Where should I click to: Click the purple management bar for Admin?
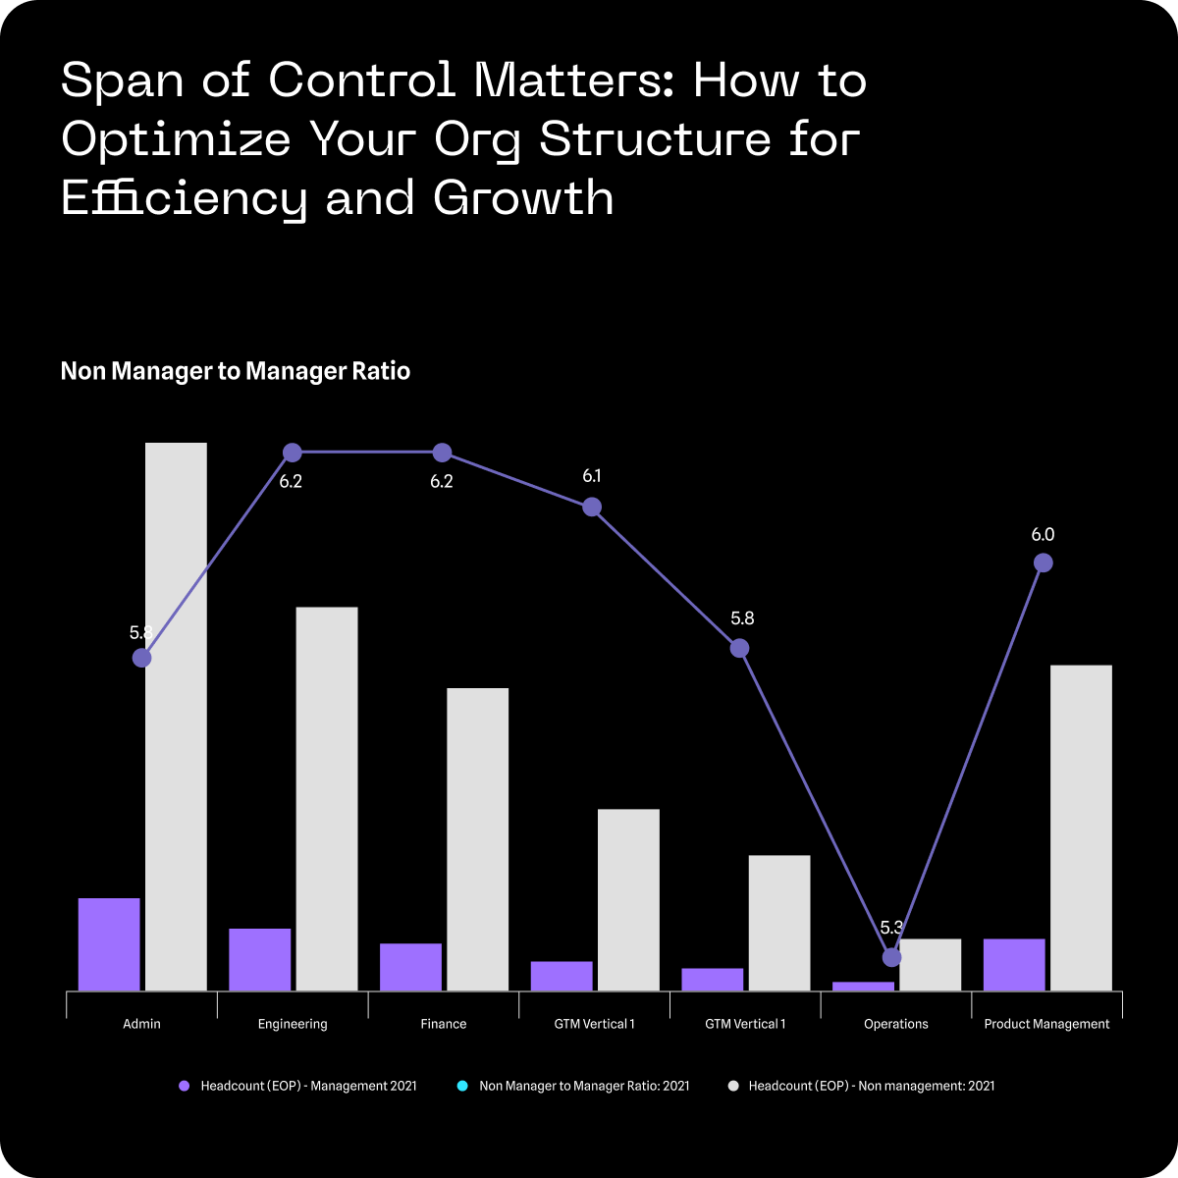click(109, 943)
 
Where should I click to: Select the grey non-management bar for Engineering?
click(327, 798)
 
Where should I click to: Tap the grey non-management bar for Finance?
click(478, 838)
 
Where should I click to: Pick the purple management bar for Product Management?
click(1014, 964)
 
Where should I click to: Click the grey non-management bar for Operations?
click(931, 964)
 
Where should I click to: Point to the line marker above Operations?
click(891, 957)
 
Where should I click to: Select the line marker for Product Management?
click(1044, 562)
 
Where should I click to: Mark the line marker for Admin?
click(141, 658)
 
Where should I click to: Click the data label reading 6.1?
click(592, 476)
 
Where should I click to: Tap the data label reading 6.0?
click(1043, 535)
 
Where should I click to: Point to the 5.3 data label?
click(891, 928)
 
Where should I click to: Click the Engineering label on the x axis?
click(293, 1024)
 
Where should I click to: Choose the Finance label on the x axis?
click(444, 1024)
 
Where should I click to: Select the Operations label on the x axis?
click(896, 1024)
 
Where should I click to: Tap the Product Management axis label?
click(1046, 1024)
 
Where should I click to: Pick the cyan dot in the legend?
click(461, 1086)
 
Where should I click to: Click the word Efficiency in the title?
click(184, 197)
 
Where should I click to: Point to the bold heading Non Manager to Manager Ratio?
click(236, 371)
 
